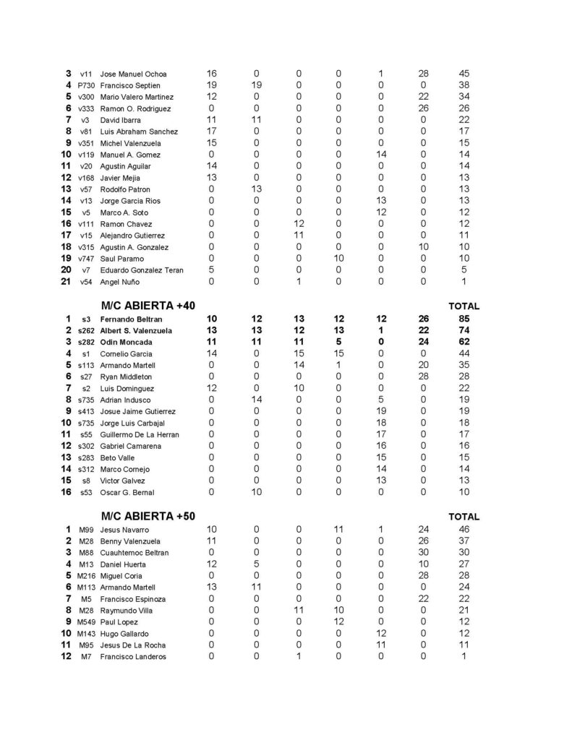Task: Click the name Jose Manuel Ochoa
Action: pos(134,74)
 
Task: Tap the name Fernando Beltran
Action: pos(132,319)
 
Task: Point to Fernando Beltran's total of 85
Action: pos(464,319)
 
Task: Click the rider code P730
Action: pos(86,85)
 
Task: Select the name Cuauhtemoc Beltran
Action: pos(135,553)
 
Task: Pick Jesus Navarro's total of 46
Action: pos(464,530)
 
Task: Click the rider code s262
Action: pos(86,330)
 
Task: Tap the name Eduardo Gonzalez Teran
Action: pos(142,270)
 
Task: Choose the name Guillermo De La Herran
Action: pos(140,434)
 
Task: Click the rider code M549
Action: pos(86,622)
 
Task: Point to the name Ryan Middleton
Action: pos(127,377)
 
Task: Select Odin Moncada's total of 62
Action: pos(464,342)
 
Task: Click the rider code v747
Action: pos(86,259)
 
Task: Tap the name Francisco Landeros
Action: pos(133,657)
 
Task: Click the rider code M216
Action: pos(86,576)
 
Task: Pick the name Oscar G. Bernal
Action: pos(127,492)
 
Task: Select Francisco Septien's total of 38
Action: pos(464,85)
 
